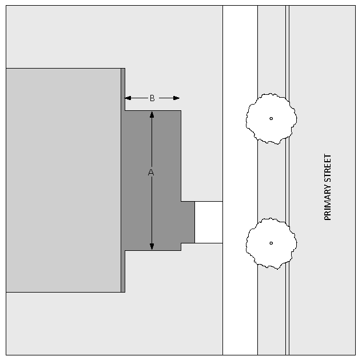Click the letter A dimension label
[x=151, y=173]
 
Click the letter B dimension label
[x=152, y=98]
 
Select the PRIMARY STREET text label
[x=328, y=187]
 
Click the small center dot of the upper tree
[x=271, y=118]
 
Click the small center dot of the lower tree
[x=271, y=243]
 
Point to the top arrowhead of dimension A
[x=152, y=114]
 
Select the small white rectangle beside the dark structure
[x=208, y=222]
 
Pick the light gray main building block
[x=63, y=180]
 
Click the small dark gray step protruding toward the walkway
[x=188, y=222]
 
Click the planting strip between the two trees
[x=271, y=180]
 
